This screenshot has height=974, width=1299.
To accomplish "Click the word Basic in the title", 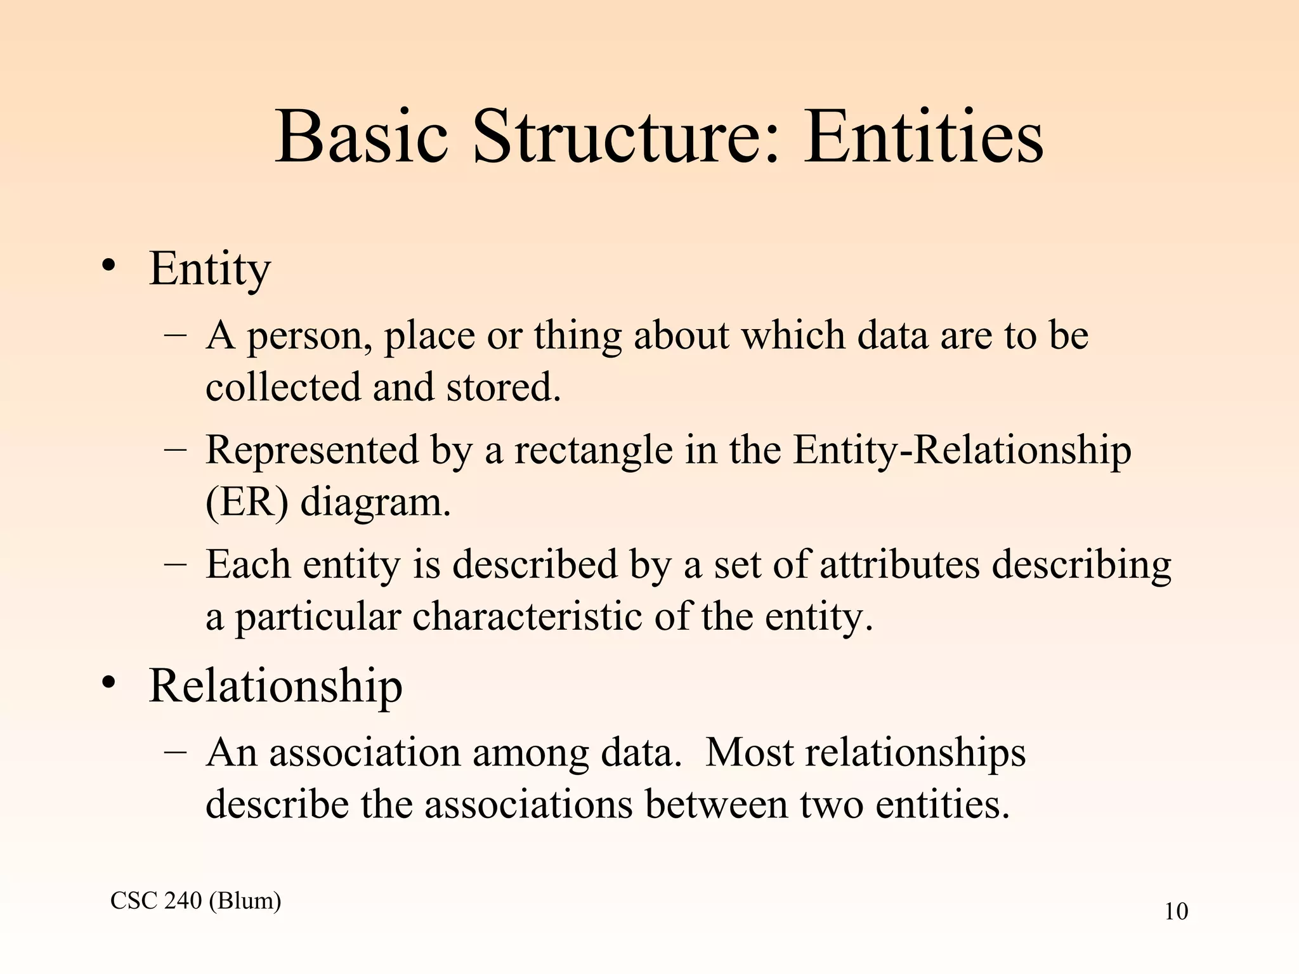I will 362,138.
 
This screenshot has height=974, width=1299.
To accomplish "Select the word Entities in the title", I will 924,138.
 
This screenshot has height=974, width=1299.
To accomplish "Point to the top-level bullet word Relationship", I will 275,686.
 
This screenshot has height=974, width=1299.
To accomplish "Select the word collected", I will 282,387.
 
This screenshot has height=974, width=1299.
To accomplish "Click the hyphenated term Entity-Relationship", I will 962,451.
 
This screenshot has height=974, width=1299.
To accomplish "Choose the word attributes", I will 899,564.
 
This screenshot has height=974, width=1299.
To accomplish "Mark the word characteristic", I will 527,616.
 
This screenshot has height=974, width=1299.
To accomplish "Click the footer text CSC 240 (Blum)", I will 195,900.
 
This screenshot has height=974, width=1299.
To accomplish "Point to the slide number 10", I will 1176,912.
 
